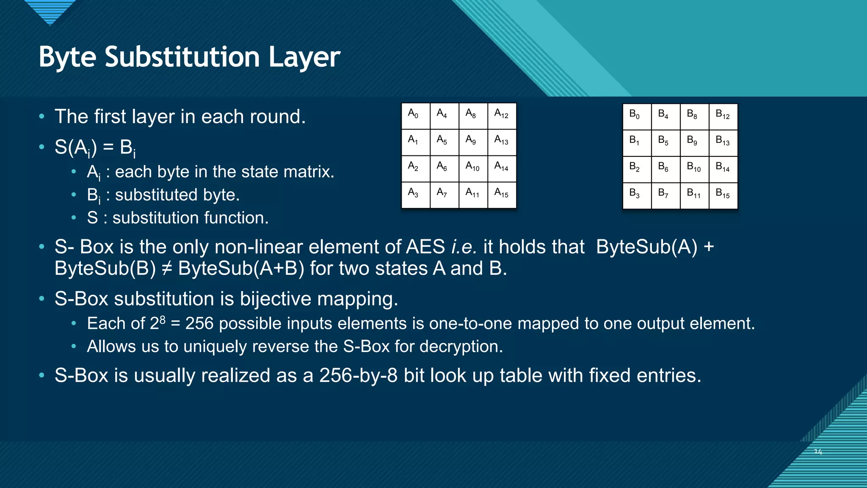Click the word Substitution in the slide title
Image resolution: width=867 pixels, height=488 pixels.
[x=182, y=57]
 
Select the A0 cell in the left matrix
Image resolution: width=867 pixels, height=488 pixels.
[x=415, y=116]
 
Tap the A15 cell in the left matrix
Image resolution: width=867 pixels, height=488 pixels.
[x=502, y=195]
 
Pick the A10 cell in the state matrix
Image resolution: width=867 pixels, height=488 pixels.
[x=473, y=168]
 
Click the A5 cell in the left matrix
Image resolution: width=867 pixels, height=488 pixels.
[x=444, y=142]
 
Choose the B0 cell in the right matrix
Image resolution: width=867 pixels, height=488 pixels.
[x=637, y=116]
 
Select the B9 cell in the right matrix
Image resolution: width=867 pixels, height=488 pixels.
[x=694, y=143]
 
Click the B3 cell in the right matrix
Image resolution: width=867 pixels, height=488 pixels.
[x=637, y=196]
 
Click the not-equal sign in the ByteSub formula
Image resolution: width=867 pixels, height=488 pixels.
[x=167, y=269]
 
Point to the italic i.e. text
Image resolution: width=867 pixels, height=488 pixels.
[x=464, y=247]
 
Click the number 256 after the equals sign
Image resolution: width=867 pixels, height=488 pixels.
[x=199, y=324]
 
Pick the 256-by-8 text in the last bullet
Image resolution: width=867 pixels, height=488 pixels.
[x=358, y=376]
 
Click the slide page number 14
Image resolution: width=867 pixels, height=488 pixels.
[x=818, y=452]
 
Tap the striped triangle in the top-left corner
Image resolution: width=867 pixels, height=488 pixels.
[x=50, y=11]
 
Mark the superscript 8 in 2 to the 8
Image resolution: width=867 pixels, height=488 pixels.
[x=163, y=319]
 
